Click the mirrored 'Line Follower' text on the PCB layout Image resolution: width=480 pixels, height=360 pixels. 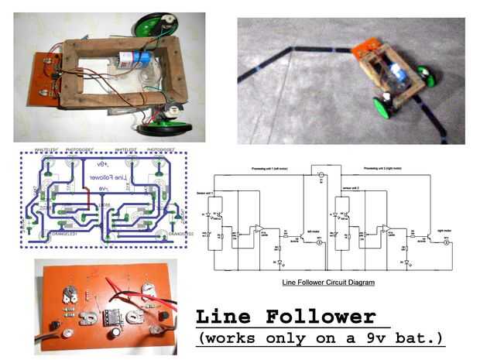(x=105, y=177)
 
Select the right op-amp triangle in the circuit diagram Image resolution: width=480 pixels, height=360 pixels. (x=386, y=230)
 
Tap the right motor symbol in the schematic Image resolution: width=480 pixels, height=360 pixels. (x=445, y=241)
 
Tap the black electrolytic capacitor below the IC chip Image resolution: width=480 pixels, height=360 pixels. (x=115, y=331)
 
